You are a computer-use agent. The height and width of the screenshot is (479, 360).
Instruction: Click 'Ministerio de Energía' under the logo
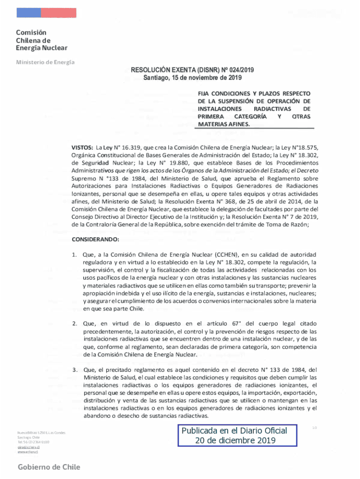pyautogui.click(x=46, y=62)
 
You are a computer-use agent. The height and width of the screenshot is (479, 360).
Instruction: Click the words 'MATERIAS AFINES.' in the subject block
pyautogui.click(x=224, y=124)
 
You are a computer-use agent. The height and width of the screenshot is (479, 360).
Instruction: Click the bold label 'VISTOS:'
pyautogui.click(x=82, y=146)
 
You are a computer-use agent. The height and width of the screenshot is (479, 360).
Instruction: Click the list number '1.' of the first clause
pyautogui.click(x=74, y=255)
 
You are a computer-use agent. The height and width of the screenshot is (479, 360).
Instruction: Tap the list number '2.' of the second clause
pyautogui.click(x=74, y=324)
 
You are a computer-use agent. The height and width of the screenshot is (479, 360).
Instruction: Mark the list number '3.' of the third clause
pyautogui.click(x=74, y=370)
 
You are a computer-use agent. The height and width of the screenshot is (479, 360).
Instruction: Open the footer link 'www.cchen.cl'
pyautogui.click(x=28, y=452)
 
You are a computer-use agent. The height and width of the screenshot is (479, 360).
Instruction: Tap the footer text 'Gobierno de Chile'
pyautogui.click(x=49, y=467)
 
